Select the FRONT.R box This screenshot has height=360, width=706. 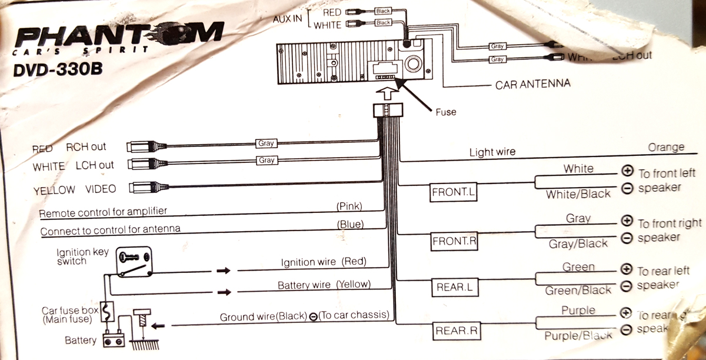454,240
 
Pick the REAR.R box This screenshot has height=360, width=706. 457,331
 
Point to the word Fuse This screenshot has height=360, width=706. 445,112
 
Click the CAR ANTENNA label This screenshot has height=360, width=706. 532,84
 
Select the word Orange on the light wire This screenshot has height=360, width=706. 666,147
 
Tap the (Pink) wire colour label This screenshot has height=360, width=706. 349,206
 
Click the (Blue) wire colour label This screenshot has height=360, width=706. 350,224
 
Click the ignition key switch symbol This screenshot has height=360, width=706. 135,256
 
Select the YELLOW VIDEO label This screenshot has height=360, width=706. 74,189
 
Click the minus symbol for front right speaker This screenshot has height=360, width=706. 627,238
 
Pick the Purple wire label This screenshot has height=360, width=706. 578,310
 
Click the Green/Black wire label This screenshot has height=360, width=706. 578,290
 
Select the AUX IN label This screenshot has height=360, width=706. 288,19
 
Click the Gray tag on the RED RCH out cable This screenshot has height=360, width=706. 267,143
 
